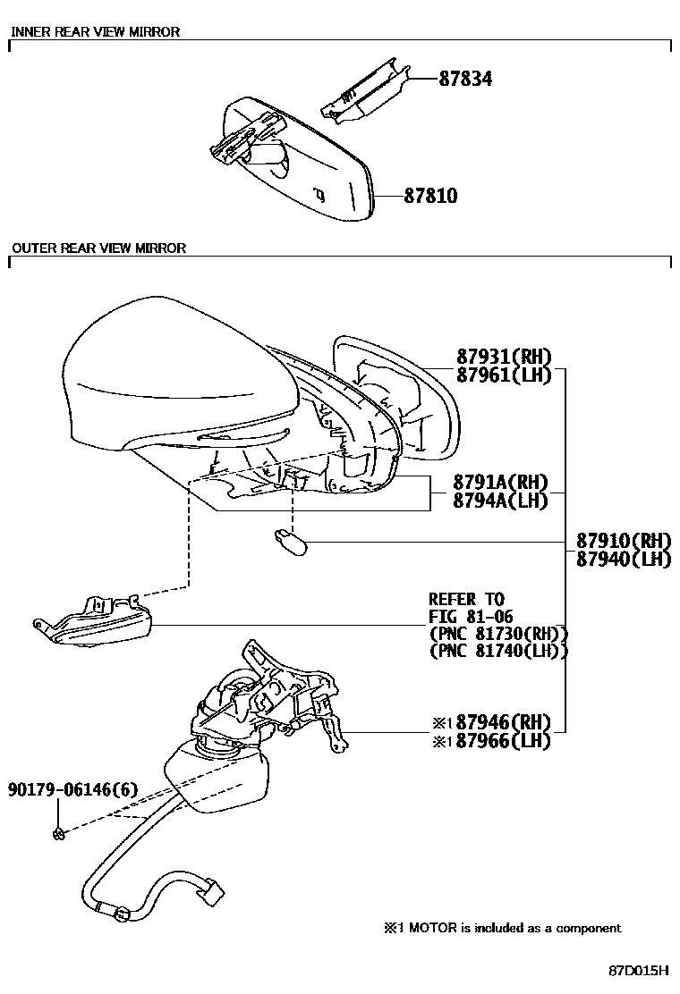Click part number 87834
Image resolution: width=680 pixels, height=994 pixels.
tap(465, 79)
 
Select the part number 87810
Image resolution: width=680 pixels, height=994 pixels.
tap(430, 195)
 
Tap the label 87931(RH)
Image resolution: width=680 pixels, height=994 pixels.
tap(505, 357)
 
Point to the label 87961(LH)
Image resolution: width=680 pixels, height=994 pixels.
tap(505, 375)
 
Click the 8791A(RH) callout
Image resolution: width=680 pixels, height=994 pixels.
tap(500, 483)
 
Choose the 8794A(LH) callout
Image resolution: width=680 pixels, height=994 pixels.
tap(500, 501)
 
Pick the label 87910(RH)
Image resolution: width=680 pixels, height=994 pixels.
tap(624, 541)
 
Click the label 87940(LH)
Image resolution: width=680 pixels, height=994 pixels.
tap(624, 560)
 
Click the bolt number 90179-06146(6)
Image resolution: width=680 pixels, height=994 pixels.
tap(73, 790)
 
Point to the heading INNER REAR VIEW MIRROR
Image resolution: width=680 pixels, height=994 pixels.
tap(96, 31)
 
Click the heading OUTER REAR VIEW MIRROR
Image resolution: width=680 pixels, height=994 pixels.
tap(99, 248)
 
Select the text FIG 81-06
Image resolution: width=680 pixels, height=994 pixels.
tap(471, 616)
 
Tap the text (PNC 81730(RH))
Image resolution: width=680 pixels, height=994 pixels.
tap(498, 633)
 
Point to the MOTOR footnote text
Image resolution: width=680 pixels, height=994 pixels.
tap(502, 928)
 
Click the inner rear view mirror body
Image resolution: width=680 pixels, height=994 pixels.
tap(298, 162)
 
